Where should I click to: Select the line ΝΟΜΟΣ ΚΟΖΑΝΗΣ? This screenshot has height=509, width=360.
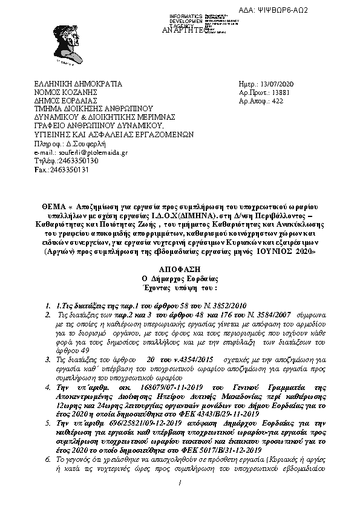[x=67, y=92]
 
